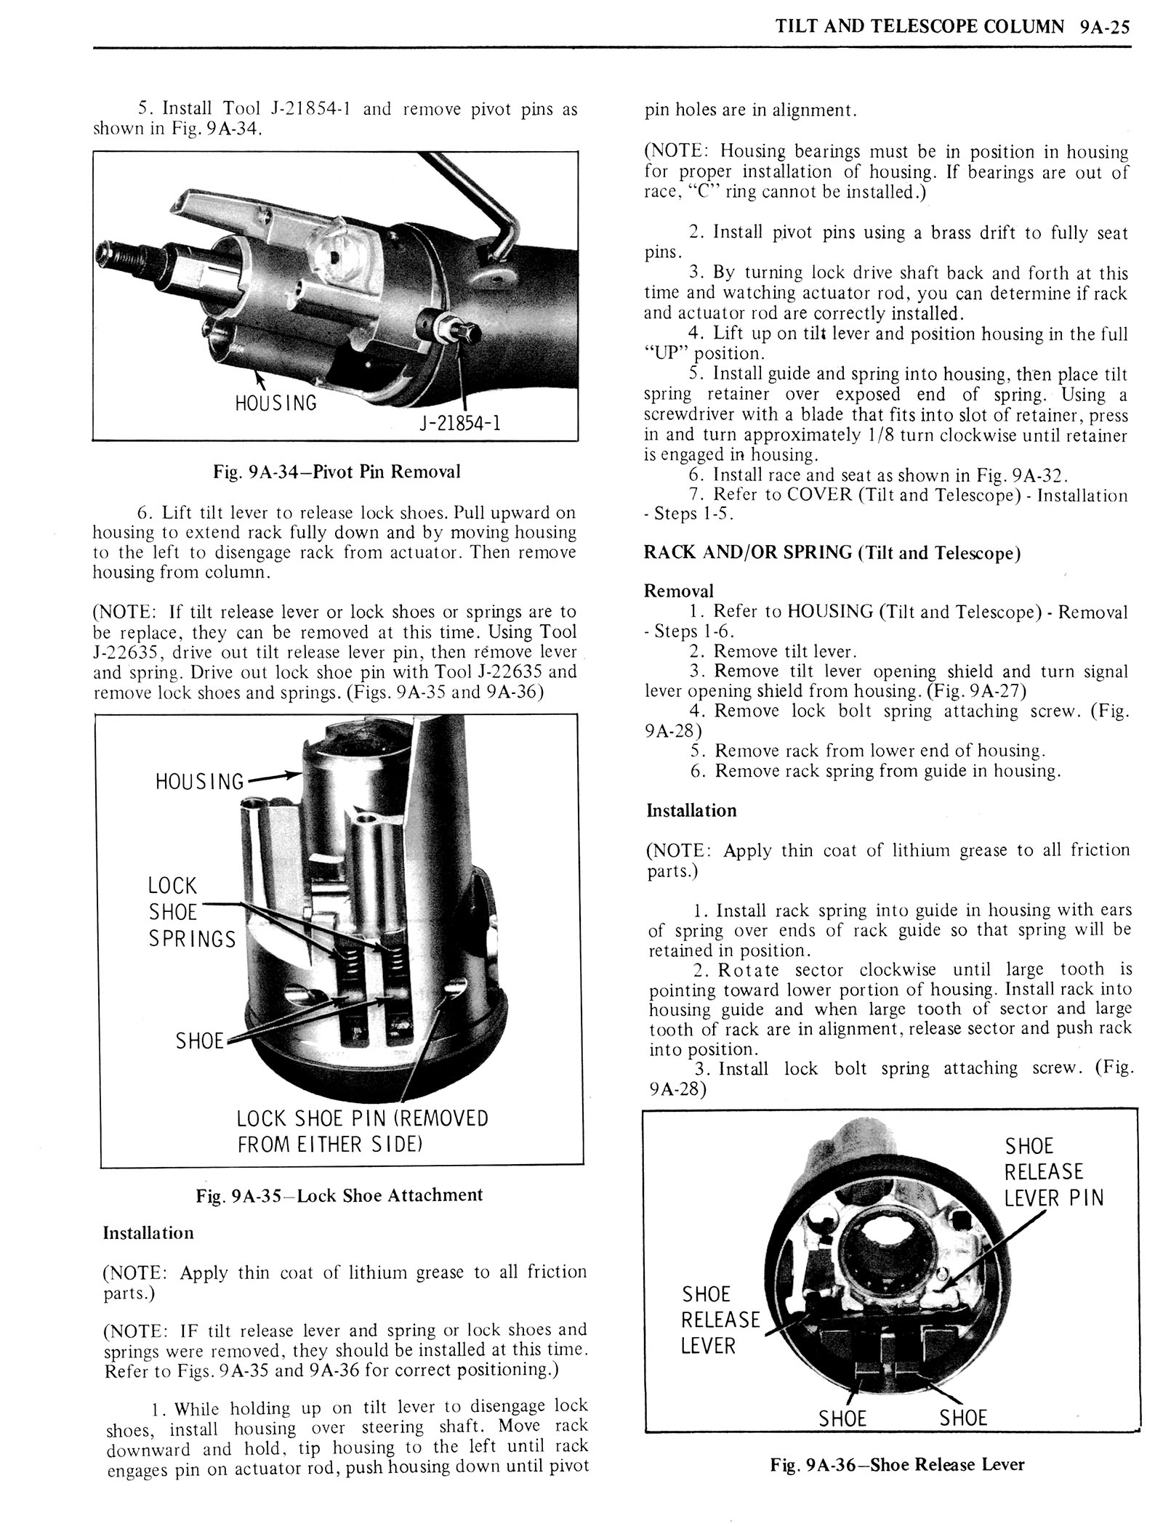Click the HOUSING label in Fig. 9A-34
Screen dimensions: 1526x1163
(275, 403)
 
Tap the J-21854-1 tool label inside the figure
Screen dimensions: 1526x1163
(459, 422)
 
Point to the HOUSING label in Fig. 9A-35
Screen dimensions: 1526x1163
(200, 782)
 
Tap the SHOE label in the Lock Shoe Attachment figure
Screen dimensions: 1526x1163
(200, 1041)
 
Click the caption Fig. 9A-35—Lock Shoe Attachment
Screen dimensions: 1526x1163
(339, 1195)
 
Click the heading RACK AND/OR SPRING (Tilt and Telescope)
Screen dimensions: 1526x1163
(832, 553)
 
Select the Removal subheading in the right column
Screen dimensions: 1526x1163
(679, 591)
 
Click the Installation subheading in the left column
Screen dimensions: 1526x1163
(148, 1233)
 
